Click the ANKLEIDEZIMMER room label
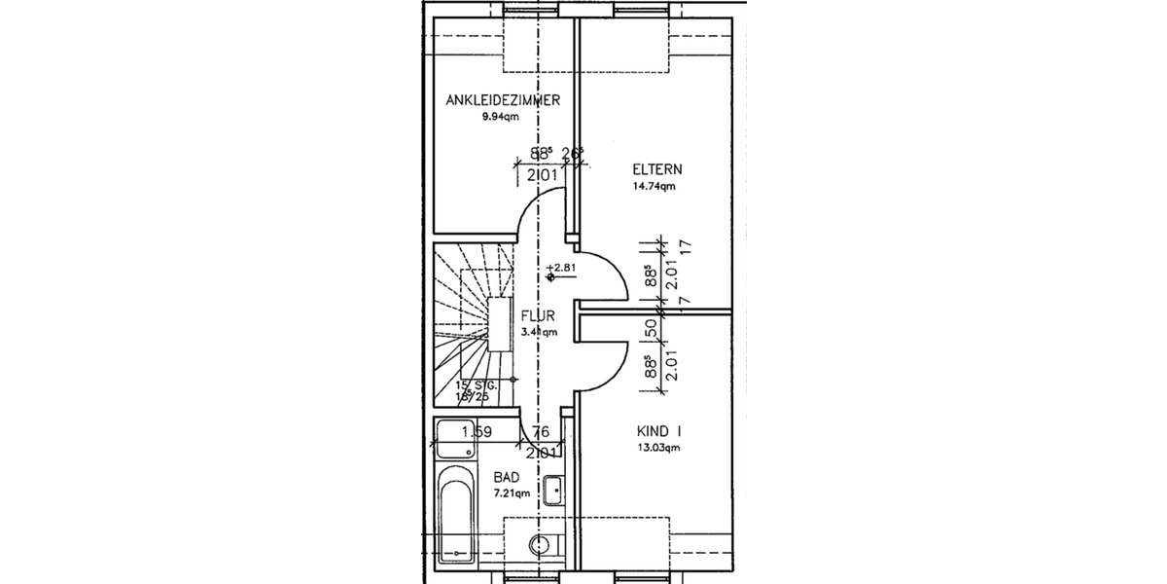coord(503,100)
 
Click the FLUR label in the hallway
coord(538,316)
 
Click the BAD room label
coord(506,477)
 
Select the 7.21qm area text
coord(510,493)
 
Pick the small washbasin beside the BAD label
coord(552,490)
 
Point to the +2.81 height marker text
coord(561,266)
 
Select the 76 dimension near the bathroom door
coord(542,431)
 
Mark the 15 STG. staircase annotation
coord(477,386)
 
